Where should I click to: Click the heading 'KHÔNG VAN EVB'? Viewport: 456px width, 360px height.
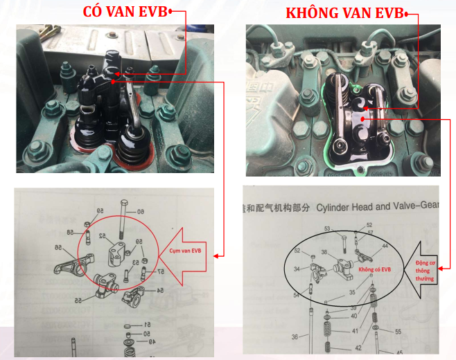click(x=344, y=14)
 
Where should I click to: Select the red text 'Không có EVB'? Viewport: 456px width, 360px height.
click(x=374, y=271)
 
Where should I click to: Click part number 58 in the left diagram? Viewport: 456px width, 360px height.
click(x=70, y=231)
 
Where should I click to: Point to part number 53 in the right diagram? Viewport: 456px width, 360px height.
click(x=327, y=228)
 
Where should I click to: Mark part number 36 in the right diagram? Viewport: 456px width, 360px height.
click(x=295, y=337)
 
